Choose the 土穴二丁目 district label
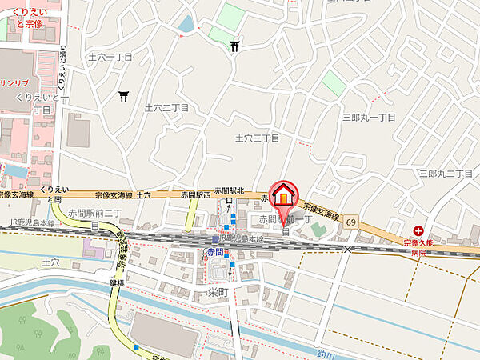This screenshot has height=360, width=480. pyautogui.click(x=166, y=106)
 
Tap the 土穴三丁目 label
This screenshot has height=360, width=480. pyautogui.click(x=257, y=138)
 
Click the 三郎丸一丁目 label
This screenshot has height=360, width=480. pyautogui.click(x=369, y=117)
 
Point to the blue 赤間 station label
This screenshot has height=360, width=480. pyautogui.click(x=214, y=252)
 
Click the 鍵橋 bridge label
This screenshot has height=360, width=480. pyautogui.click(x=119, y=282)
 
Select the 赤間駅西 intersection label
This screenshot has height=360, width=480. pyautogui.click(x=195, y=194)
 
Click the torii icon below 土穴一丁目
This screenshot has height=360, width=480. pyautogui.click(x=124, y=97)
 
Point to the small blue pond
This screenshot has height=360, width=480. pyautogui.click(x=186, y=25)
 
